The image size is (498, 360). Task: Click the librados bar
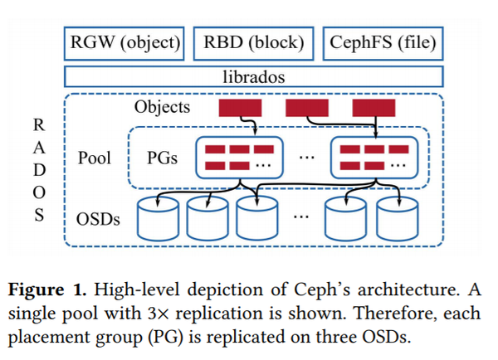(253, 77)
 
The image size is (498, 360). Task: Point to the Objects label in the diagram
(162, 107)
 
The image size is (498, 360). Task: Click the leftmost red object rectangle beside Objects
(239, 108)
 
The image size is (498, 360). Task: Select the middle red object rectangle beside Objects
(307, 108)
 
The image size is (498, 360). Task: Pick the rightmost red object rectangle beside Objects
(374, 108)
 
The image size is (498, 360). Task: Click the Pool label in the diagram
(94, 158)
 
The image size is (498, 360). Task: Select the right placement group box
(374, 158)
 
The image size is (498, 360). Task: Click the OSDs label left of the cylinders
(97, 220)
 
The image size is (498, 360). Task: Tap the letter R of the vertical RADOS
(39, 125)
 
